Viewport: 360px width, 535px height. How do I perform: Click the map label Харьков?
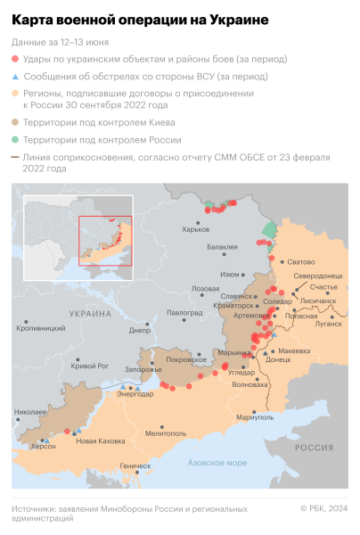click(x=195, y=229)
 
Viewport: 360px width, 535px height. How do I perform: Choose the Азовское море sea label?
click(x=217, y=463)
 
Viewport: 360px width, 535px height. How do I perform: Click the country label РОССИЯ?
click(x=314, y=447)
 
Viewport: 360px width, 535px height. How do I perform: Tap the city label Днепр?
click(x=140, y=330)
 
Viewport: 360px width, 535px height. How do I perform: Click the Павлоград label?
click(x=184, y=313)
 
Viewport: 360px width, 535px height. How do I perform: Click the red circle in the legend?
click(x=16, y=59)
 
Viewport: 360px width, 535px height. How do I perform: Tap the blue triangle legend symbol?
click(x=16, y=76)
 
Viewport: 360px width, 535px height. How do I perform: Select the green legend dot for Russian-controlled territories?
click(x=16, y=140)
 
